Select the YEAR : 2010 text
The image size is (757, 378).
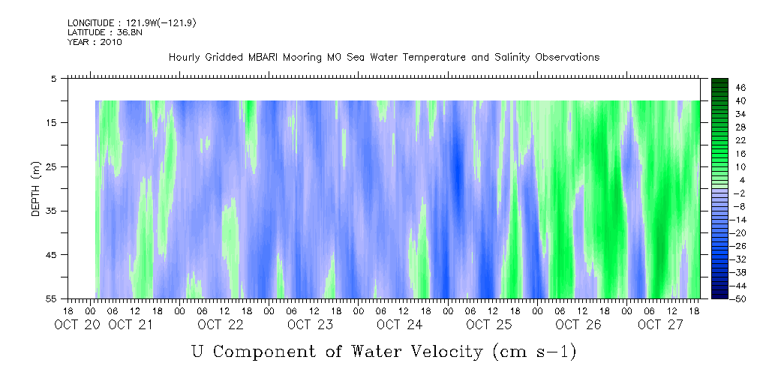pyautogui.click(x=95, y=42)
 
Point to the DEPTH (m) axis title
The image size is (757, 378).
pyautogui.click(x=35, y=187)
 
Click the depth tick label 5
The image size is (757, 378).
pyautogui.click(x=54, y=78)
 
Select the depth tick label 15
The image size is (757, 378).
pyautogui.click(x=52, y=122)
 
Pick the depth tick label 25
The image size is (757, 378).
pyautogui.click(x=52, y=166)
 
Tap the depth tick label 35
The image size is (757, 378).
pyautogui.click(x=52, y=211)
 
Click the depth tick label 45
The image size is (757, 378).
pyautogui.click(x=52, y=255)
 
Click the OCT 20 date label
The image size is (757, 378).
pyautogui.click(x=77, y=325)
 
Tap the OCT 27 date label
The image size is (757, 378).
pyautogui.click(x=660, y=325)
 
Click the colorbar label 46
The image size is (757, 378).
pyautogui.click(x=719, y=87)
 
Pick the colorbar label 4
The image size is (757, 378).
pyautogui.click(x=721, y=180)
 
